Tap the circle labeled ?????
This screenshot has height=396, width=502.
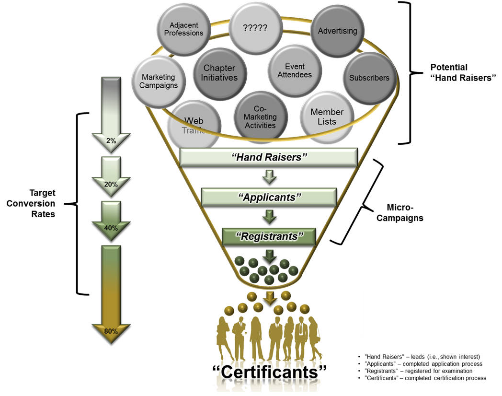click(255, 27)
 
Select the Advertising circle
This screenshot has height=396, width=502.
click(337, 31)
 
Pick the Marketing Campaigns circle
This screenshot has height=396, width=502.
click(159, 81)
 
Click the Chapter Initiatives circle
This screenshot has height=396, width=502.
click(219, 73)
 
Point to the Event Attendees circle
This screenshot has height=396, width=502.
click(294, 70)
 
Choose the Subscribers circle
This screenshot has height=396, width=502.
click(369, 78)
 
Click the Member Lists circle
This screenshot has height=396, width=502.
click(327, 116)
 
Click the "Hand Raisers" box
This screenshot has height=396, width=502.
click(269, 156)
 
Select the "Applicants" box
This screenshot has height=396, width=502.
click(269, 197)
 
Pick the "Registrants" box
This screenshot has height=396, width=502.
click(270, 236)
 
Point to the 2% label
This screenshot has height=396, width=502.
click(111, 140)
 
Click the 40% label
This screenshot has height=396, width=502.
click(111, 228)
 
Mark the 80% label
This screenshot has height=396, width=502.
click(111, 330)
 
